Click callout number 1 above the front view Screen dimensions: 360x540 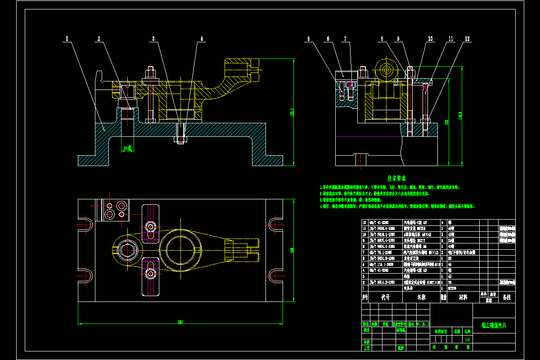point(67,39)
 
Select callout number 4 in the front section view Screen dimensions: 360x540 point(202,39)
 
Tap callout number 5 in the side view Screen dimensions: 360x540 point(309,39)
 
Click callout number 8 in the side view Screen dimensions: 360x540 point(382,39)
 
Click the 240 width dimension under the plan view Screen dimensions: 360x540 point(180,321)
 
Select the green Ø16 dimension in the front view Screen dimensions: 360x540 point(128,147)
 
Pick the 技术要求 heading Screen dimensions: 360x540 point(396,178)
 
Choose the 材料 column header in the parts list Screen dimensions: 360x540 point(463,297)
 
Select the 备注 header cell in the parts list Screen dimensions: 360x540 point(507,297)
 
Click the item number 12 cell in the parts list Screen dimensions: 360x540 point(365,222)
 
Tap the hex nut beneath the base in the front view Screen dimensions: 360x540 point(180,140)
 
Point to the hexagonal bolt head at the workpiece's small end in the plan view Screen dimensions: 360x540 point(127,248)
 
